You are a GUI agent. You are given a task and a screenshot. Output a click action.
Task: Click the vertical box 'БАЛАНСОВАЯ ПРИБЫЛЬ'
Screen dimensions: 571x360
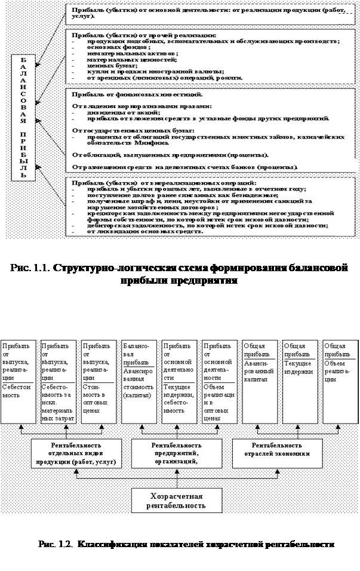coord(24,118)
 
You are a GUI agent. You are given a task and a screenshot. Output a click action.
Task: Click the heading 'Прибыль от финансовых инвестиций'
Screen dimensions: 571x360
coord(136,95)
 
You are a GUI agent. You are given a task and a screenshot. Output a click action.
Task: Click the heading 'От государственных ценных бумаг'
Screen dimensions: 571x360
coord(134,130)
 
